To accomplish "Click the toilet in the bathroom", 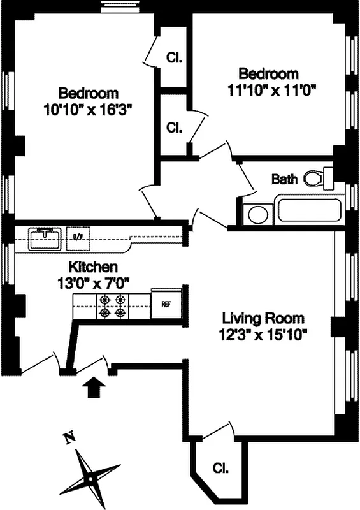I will click(x=317, y=178).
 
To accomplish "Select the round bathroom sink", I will click(x=257, y=214).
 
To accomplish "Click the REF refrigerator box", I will click(x=165, y=304).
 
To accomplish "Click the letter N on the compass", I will click(x=70, y=438).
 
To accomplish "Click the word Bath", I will click(x=284, y=179).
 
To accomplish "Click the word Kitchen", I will click(x=93, y=267).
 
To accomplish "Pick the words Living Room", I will click(x=263, y=317).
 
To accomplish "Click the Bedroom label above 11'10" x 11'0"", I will click(x=268, y=73).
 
